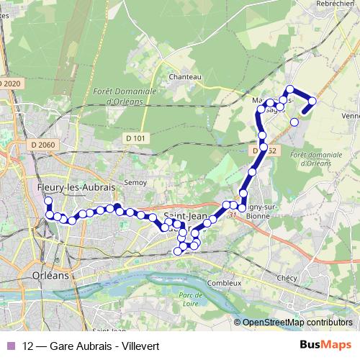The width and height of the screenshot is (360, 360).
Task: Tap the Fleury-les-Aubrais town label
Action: [x=76, y=187]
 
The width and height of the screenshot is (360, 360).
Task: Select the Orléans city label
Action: [x=50, y=275]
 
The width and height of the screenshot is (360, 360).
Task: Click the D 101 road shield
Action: [x=135, y=138]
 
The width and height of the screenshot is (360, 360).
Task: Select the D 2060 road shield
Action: [x=43, y=145]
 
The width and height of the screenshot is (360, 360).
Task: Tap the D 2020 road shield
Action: [x=11, y=84]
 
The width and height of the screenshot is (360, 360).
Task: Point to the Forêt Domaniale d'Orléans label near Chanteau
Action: [x=120, y=96]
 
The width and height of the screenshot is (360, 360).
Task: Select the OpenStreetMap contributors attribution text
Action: [x=296, y=323]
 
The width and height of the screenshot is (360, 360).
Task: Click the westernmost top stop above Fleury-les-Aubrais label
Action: [x=48, y=201]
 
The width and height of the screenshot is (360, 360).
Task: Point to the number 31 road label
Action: [x=231, y=214]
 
